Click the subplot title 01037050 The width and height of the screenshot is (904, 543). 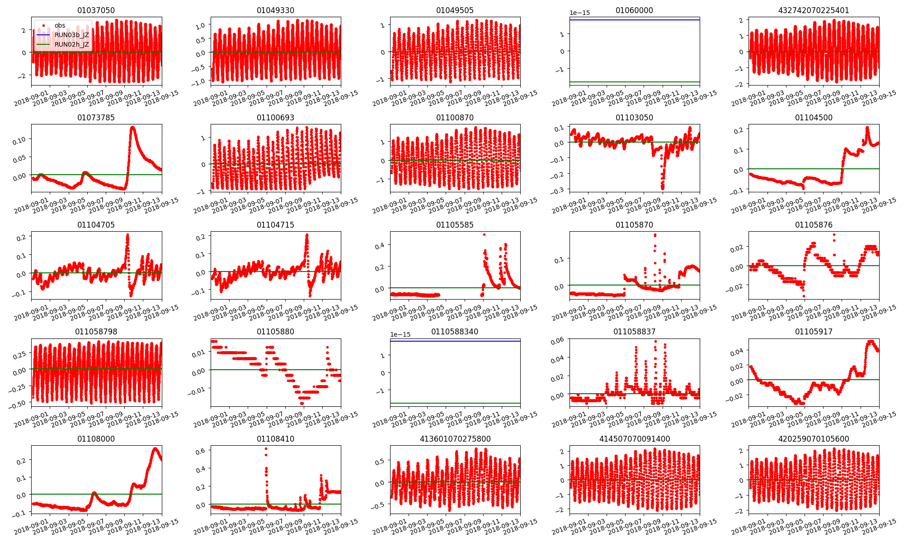pos(96,10)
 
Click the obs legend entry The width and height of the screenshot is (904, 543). pos(60,25)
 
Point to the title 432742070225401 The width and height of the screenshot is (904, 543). pos(814,10)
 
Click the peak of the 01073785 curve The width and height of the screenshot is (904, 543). pos(133,127)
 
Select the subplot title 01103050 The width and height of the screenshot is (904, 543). pos(634,118)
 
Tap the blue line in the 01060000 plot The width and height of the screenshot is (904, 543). pos(634,20)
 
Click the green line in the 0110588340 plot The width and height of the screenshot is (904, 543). pos(455,403)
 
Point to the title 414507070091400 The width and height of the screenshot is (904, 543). pos(634,439)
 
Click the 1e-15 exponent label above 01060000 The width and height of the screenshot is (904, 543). pos(580,13)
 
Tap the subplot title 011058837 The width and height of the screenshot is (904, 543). pos(634,332)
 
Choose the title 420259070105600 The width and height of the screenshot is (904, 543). pos(814,439)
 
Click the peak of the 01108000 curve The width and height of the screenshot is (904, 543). pos(155,448)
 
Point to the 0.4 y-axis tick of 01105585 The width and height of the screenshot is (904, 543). pos(380,245)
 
